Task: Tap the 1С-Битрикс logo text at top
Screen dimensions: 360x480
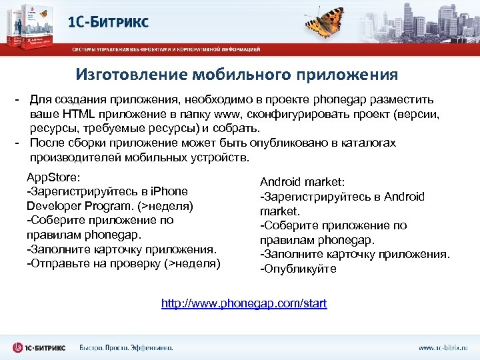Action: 109,21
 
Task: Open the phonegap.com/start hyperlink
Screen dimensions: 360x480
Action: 244,303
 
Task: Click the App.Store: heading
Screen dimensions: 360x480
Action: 53,178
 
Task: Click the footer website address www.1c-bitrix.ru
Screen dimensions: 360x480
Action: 443,347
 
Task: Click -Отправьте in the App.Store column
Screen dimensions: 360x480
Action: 54,263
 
